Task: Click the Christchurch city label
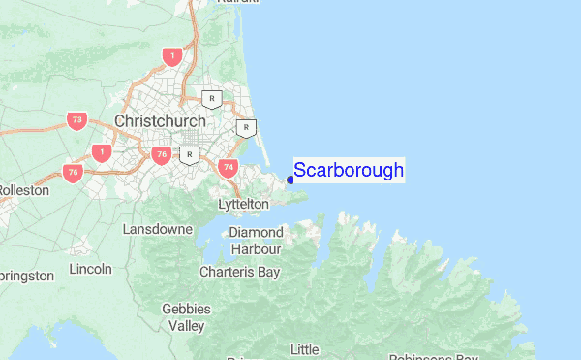point(160,120)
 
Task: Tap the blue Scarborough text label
point(349,171)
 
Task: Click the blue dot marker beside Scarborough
point(290,180)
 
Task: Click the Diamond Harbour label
point(256,240)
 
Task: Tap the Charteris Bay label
point(239,272)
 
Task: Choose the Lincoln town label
point(91,268)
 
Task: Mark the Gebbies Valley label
point(181,317)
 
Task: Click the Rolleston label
point(23,190)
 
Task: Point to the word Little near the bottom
point(305,349)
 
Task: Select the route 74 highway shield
point(229,167)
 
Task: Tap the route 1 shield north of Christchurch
point(172,56)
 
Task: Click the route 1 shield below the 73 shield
point(101,151)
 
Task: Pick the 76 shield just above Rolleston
point(73,172)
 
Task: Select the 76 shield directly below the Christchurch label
point(161,154)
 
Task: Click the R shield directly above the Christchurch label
point(212,98)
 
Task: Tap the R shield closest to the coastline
point(248,127)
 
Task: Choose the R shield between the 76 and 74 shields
point(191,154)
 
